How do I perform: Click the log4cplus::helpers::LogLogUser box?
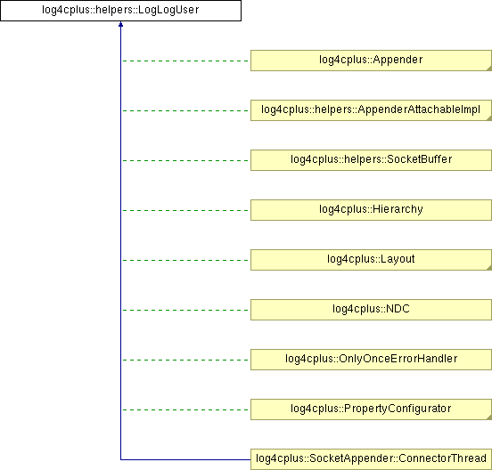120,11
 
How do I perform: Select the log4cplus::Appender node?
371,61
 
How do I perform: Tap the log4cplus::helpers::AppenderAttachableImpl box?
371,110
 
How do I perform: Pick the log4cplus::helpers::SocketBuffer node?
371,160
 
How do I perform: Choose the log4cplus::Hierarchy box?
371,210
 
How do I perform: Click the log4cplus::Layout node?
371,260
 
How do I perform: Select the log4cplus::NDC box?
371,310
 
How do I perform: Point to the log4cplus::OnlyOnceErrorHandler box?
371,360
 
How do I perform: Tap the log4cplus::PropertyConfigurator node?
371,409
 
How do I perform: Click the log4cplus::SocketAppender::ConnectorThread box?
371,459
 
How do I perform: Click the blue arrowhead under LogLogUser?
120,24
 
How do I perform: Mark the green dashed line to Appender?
185,61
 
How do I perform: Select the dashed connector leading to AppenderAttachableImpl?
185,110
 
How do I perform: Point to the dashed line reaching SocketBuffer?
185,160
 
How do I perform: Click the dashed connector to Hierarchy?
185,210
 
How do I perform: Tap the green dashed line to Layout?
185,260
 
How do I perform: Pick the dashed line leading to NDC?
185,310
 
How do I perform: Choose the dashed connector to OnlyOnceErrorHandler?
185,360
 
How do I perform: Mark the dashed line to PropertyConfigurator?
185,409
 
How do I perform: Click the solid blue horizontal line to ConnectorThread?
185,459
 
